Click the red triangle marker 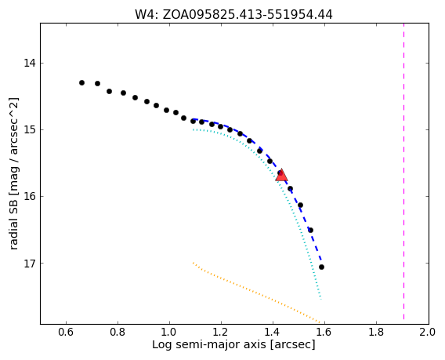[281, 176]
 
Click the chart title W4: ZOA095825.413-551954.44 [233, 14]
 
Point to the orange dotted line [256, 292]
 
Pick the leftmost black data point [81, 82]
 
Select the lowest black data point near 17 [321, 267]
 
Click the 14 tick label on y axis [29, 63]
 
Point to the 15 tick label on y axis [29, 130]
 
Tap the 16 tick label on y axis [29, 196]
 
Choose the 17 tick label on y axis [29, 263]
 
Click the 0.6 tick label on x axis [66, 332]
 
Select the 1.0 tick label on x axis [169, 332]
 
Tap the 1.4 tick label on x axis [273, 332]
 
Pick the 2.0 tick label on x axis [428, 332]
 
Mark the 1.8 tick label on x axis [376, 332]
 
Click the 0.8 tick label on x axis [118, 332]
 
